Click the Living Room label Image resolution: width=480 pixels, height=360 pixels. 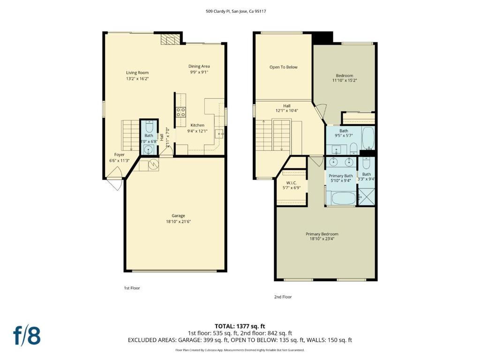[137, 73]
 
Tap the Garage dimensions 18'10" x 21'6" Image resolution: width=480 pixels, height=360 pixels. [178, 222]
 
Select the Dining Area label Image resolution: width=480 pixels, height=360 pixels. [199, 66]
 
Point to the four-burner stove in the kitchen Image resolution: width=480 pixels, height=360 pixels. [180, 112]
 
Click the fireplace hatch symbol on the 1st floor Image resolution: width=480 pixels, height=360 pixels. [170, 39]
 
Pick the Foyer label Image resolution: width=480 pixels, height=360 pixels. [120, 155]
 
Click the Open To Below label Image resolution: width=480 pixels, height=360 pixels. [284, 67]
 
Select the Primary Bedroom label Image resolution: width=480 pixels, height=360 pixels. [322, 234]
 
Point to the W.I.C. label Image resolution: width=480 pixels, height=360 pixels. [292, 183]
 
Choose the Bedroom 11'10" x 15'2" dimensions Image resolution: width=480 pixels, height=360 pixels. [345, 81]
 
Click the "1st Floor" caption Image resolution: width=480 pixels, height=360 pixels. [132, 288]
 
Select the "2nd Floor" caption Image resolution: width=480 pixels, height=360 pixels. [283, 297]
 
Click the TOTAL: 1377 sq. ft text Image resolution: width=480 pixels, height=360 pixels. [240, 326]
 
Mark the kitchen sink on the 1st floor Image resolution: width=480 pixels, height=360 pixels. [219, 134]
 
